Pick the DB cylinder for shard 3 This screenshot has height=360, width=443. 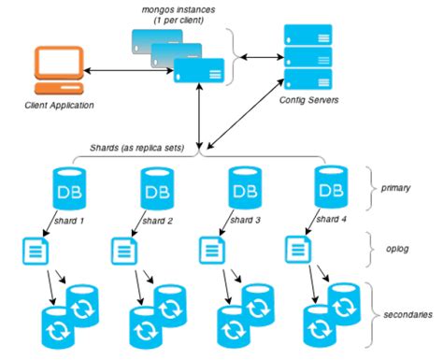coord(245,190)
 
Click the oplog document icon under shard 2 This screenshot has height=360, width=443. coord(122,249)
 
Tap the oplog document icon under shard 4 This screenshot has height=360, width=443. coord(294,249)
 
